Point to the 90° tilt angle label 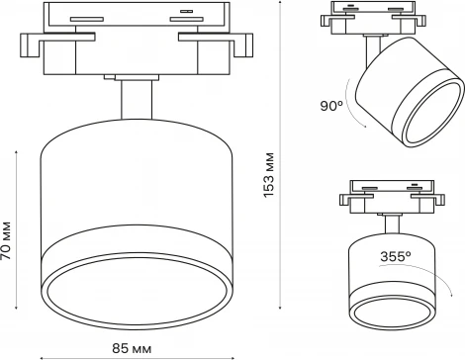click(332, 105)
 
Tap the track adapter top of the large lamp click(136, 19)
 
